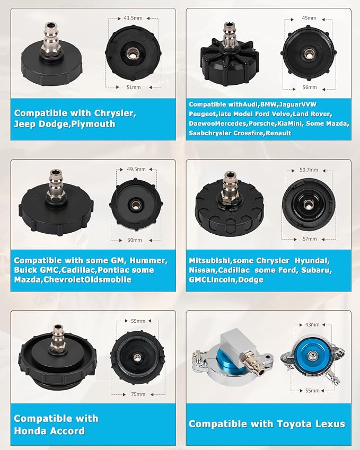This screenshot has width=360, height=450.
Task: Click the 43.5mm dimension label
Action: (x=133, y=18)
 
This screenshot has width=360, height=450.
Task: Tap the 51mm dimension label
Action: (x=134, y=87)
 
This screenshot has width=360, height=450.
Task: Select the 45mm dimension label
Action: (x=309, y=18)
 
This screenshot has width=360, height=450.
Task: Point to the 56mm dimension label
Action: (x=310, y=87)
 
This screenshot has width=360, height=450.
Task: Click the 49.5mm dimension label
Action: (x=136, y=169)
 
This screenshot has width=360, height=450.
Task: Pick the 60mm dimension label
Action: (x=135, y=240)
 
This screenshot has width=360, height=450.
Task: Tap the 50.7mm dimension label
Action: (x=309, y=170)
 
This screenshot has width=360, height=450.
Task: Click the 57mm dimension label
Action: (x=310, y=239)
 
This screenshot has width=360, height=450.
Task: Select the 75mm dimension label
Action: (x=138, y=394)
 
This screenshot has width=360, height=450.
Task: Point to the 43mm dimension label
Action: (x=312, y=324)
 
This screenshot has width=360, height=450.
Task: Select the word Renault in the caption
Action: (x=278, y=133)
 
